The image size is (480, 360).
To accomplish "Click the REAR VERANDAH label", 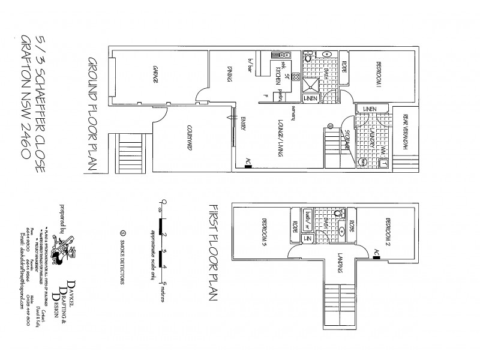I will point(406,137).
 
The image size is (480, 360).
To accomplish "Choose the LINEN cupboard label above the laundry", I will point(368,108).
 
